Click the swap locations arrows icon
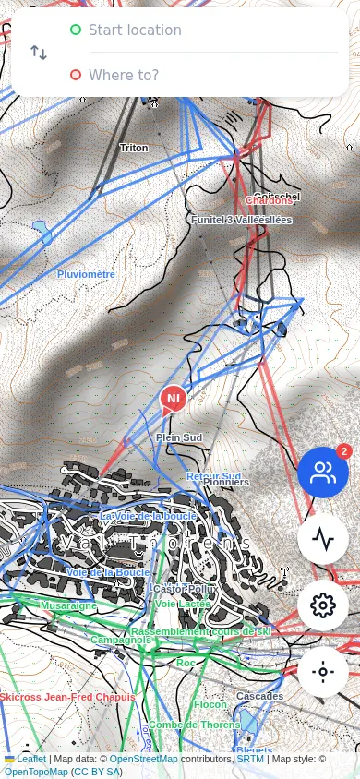click(39, 53)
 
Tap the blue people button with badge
click(323, 473)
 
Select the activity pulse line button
click(323, 539)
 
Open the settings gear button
click(323, 605)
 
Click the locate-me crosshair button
click(323, 672)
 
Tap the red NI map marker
click(173, 399)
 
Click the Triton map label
click(134, 148)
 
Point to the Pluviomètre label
click(86, 274)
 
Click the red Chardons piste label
click(269, 200)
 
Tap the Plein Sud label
click(179, 437)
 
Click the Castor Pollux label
click(186, 588)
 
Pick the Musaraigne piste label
click(68, 605)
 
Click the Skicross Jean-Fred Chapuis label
click(67, 697)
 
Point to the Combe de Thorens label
click(194, 725)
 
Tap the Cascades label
click(259, 695)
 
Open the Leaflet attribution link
click(31, 759)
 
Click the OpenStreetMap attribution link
click(143, 759)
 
